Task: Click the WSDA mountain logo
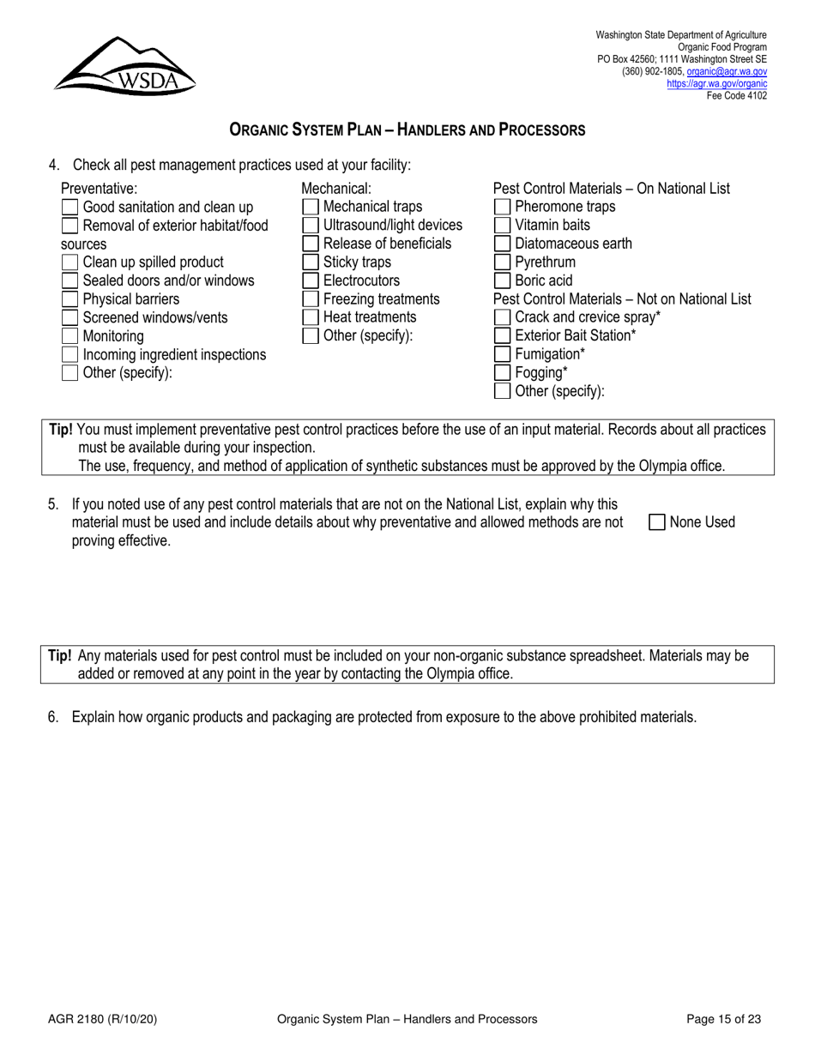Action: [125, 65]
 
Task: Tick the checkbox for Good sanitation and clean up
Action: [70, 207]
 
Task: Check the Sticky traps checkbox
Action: [311, 262]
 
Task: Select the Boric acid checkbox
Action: [503, 280]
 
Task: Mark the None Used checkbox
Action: [657, 522]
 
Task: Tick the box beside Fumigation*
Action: [503, 354]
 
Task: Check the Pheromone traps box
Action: [503, 207]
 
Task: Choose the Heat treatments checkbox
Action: [311, 317]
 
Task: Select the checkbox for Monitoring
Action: [70, 336]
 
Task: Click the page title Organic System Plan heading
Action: [407, 130]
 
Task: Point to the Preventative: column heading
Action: [99, 189]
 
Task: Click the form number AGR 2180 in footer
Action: [102, 1019]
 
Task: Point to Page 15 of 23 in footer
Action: [724, 1019]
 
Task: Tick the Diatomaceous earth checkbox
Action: [503, 244]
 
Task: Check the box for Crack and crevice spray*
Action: [503, 317]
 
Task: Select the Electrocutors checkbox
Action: [311, 280]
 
